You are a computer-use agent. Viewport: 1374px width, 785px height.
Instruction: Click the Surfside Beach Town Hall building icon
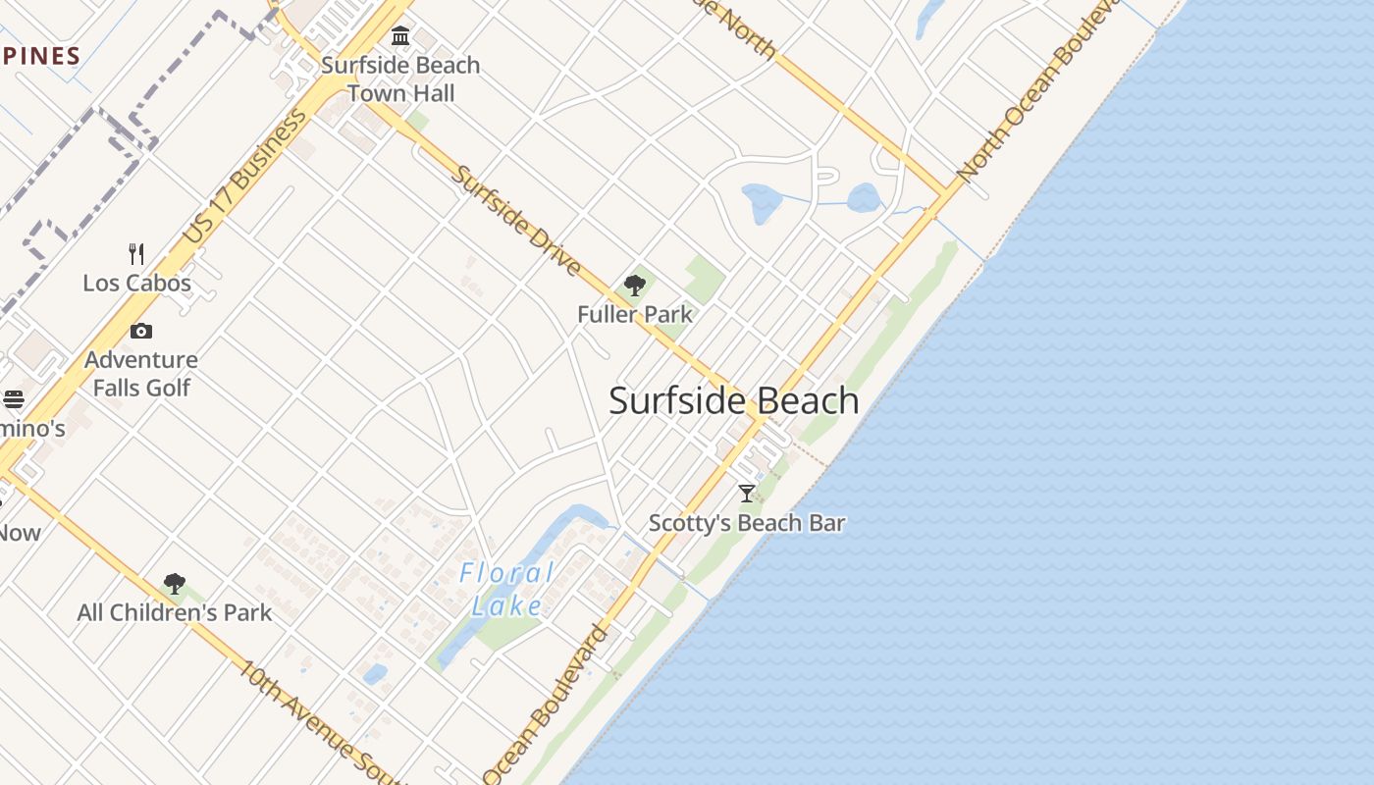(x=400, y=36)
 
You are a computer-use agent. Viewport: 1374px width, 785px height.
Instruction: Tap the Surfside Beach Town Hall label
(x=400, y=79)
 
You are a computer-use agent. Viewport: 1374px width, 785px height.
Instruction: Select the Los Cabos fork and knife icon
(x=136, y=254)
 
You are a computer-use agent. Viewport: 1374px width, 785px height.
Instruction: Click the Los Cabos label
(x=136, y=284)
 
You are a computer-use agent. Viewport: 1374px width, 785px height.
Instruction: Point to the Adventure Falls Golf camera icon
(x=141, y=332)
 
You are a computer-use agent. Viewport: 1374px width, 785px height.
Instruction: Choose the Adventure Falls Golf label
(x=141, y=374)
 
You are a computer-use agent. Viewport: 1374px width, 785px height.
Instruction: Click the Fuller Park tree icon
(x=635, y=286)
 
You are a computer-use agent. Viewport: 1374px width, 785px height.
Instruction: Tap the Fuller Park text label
(x=635, y=315)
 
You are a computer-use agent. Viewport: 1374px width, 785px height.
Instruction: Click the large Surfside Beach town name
(x=734, y=400)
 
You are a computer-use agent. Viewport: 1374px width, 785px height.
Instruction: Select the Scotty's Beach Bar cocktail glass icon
(x=747, y=494)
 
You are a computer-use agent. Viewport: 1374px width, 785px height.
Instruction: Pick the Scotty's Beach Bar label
(x=747, y=523)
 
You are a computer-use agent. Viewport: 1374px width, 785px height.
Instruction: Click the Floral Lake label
(x=506, y=589)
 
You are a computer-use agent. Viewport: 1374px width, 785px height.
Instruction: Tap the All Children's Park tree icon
(x=175, y=584)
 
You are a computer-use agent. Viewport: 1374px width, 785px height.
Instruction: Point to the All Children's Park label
(x=175, y=613)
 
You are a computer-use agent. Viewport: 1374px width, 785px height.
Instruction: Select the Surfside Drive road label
(x=516, y=221)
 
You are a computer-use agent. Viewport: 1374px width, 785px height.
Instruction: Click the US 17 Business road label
(x=244, y=177)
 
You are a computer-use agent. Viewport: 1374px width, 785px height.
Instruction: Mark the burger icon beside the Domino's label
(x=13, y=399)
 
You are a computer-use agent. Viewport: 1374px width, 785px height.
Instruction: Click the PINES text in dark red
(x=40, y=56)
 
